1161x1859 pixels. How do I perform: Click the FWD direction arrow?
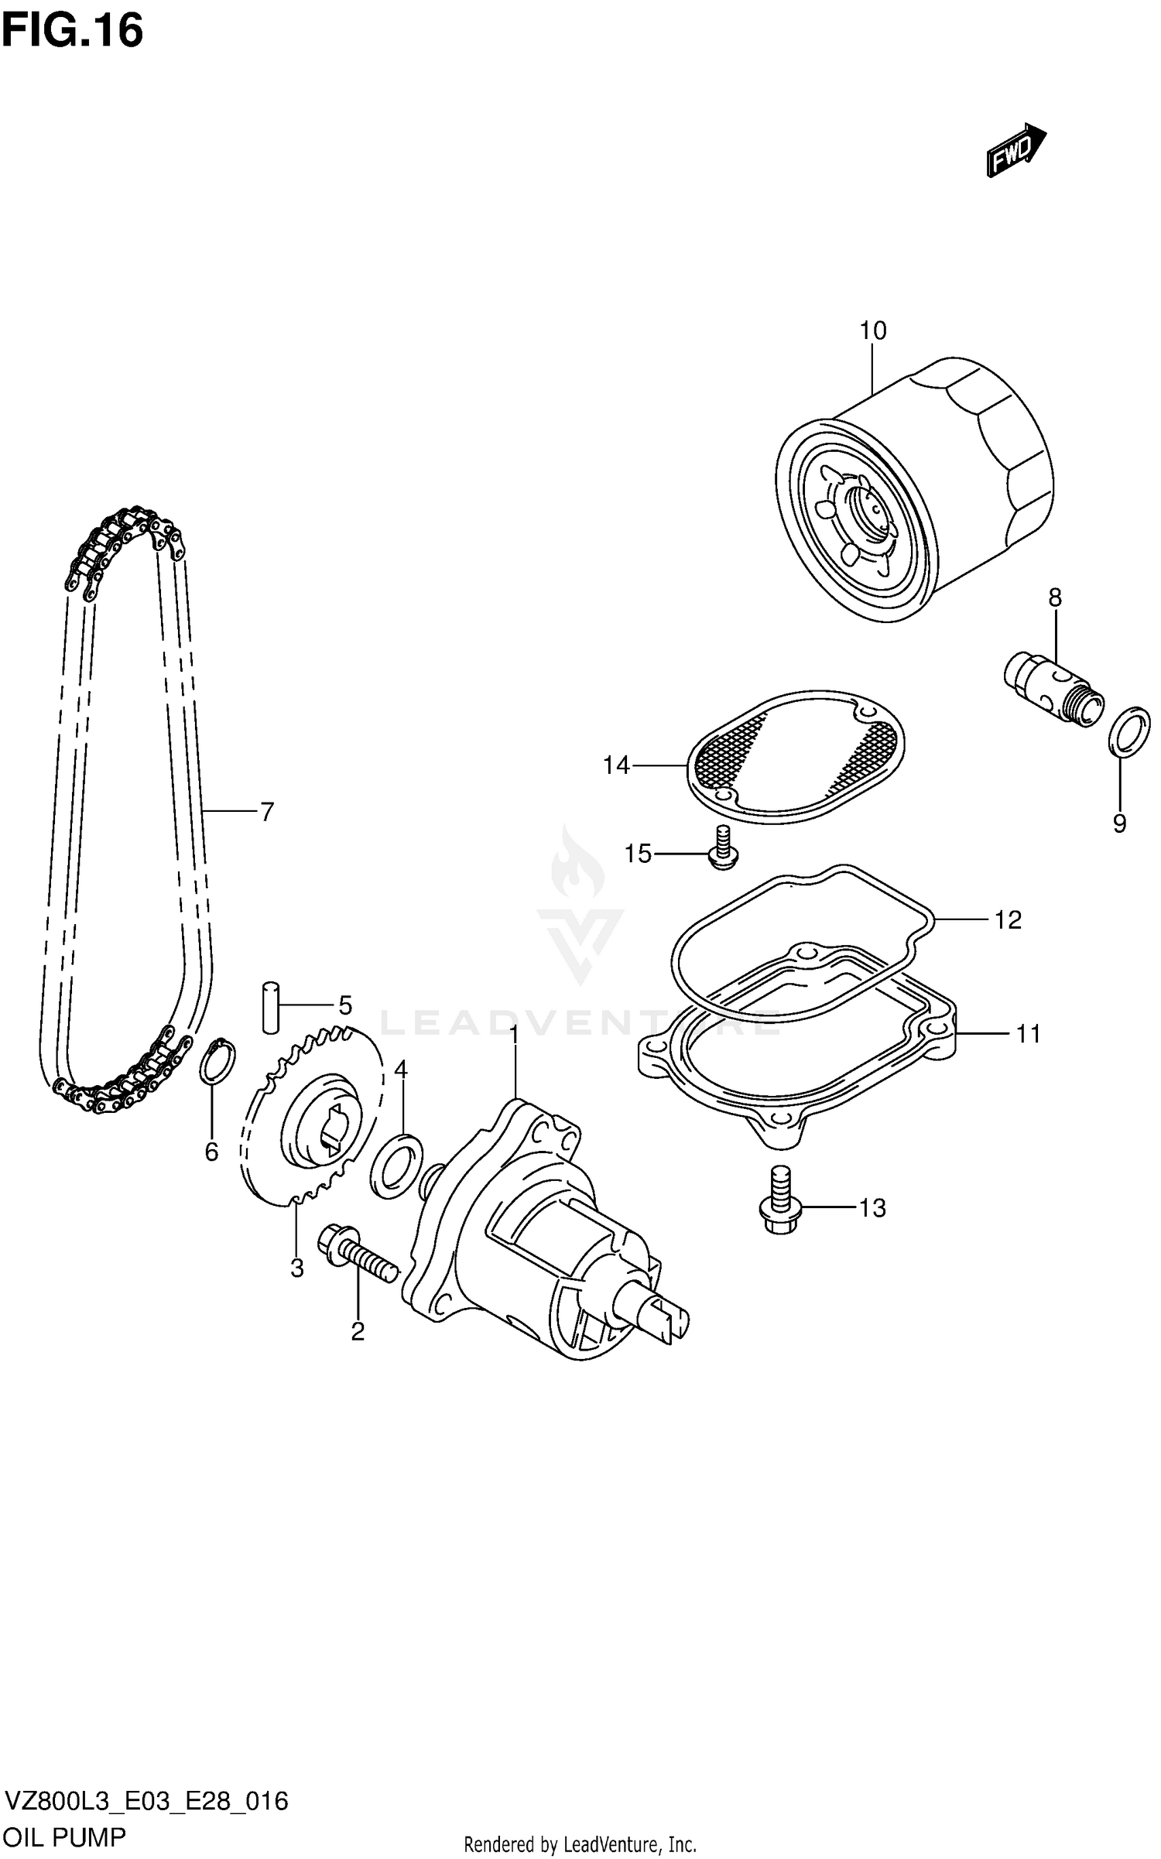[x=1015, y=149]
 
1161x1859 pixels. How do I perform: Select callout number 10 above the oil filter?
[x=872, y=330]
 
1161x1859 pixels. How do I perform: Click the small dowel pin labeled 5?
[x=270, y=1006]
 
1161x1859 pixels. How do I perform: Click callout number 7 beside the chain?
[x=266, y=812]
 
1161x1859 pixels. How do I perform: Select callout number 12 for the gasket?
[x=1008, y=919]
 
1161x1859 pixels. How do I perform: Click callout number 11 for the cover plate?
[x=1028, y=1033]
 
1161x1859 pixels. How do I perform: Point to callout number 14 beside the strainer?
[x=616, y=765]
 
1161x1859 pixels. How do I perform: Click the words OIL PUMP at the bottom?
[x=65, y=1837]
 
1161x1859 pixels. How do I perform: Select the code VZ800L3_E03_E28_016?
[x=147, y=1801]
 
